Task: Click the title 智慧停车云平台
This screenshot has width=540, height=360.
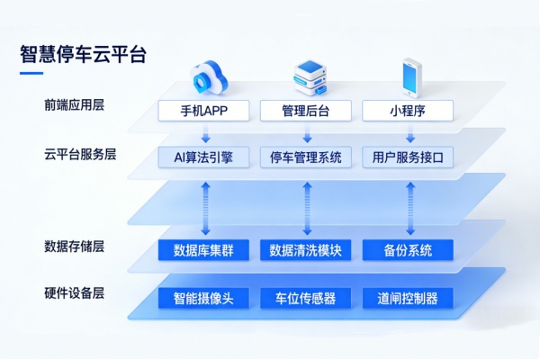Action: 84,53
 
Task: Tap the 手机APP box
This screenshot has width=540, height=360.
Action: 203,111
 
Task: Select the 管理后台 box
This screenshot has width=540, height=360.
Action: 306,111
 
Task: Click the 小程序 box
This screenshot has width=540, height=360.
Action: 408,111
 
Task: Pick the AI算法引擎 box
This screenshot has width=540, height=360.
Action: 203,157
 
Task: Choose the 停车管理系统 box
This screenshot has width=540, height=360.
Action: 306,157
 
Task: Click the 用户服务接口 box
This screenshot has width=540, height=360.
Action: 408,157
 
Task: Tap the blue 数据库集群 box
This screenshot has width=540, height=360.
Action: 203,250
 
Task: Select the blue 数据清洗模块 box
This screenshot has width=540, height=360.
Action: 306,250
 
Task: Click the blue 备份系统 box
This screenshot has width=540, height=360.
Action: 408,250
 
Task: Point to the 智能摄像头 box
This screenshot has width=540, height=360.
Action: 203,298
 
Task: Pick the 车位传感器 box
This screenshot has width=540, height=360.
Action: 306,298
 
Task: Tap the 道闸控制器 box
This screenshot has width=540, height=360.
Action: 408,298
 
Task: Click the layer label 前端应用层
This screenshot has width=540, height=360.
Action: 75,105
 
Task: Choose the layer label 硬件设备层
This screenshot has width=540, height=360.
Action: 75,293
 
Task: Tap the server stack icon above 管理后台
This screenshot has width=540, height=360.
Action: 309,76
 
